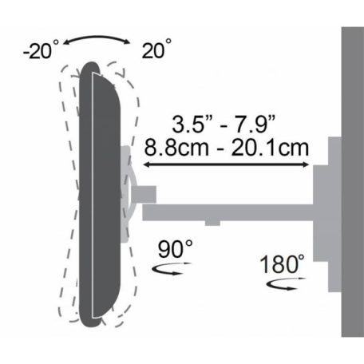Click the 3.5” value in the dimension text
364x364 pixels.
(190, 125)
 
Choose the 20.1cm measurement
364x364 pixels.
(267, 147)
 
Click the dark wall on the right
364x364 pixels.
(352, 184)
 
